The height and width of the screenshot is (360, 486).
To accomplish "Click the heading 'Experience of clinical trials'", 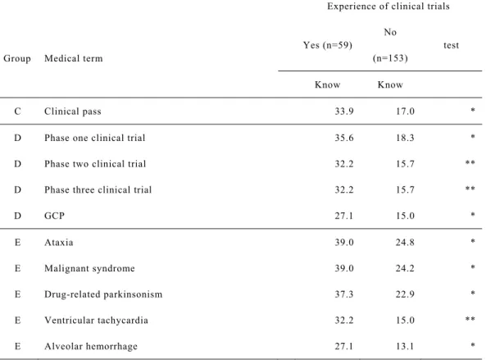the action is coord(388,7).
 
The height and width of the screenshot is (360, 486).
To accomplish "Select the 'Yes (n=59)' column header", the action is coord(328,45).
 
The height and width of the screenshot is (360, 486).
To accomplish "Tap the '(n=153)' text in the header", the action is coord(390,58).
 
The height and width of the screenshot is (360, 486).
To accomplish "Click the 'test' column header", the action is coord(451,45).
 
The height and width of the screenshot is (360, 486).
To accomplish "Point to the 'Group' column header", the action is coord(17,58).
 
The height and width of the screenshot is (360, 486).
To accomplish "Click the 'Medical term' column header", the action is coord(74,58).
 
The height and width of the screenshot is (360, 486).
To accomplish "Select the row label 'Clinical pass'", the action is coord(73,112).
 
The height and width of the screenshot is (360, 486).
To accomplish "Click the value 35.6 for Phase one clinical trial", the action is coord(344,138).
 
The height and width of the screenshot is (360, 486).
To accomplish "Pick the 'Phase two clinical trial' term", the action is coord(95,164).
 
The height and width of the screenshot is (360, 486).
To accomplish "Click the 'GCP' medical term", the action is coord(55,216).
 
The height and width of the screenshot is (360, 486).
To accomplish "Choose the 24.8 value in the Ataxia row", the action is coord(405,242).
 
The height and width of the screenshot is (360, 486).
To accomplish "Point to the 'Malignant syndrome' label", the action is coord(89,268).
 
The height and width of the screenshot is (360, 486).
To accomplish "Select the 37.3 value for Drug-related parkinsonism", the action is coord(344,294).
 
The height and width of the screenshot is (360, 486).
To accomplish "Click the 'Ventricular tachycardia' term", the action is coord(96,321).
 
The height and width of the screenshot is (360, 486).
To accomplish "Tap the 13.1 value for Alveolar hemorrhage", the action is coord(405,346).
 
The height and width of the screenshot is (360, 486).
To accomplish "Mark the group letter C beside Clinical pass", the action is coord(18,112).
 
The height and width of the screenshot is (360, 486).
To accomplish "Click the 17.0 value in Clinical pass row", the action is coord(405,112).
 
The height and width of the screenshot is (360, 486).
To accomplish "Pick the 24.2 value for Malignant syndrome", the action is coord(405,268).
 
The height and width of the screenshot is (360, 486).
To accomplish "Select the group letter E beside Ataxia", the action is coord(18,242).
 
